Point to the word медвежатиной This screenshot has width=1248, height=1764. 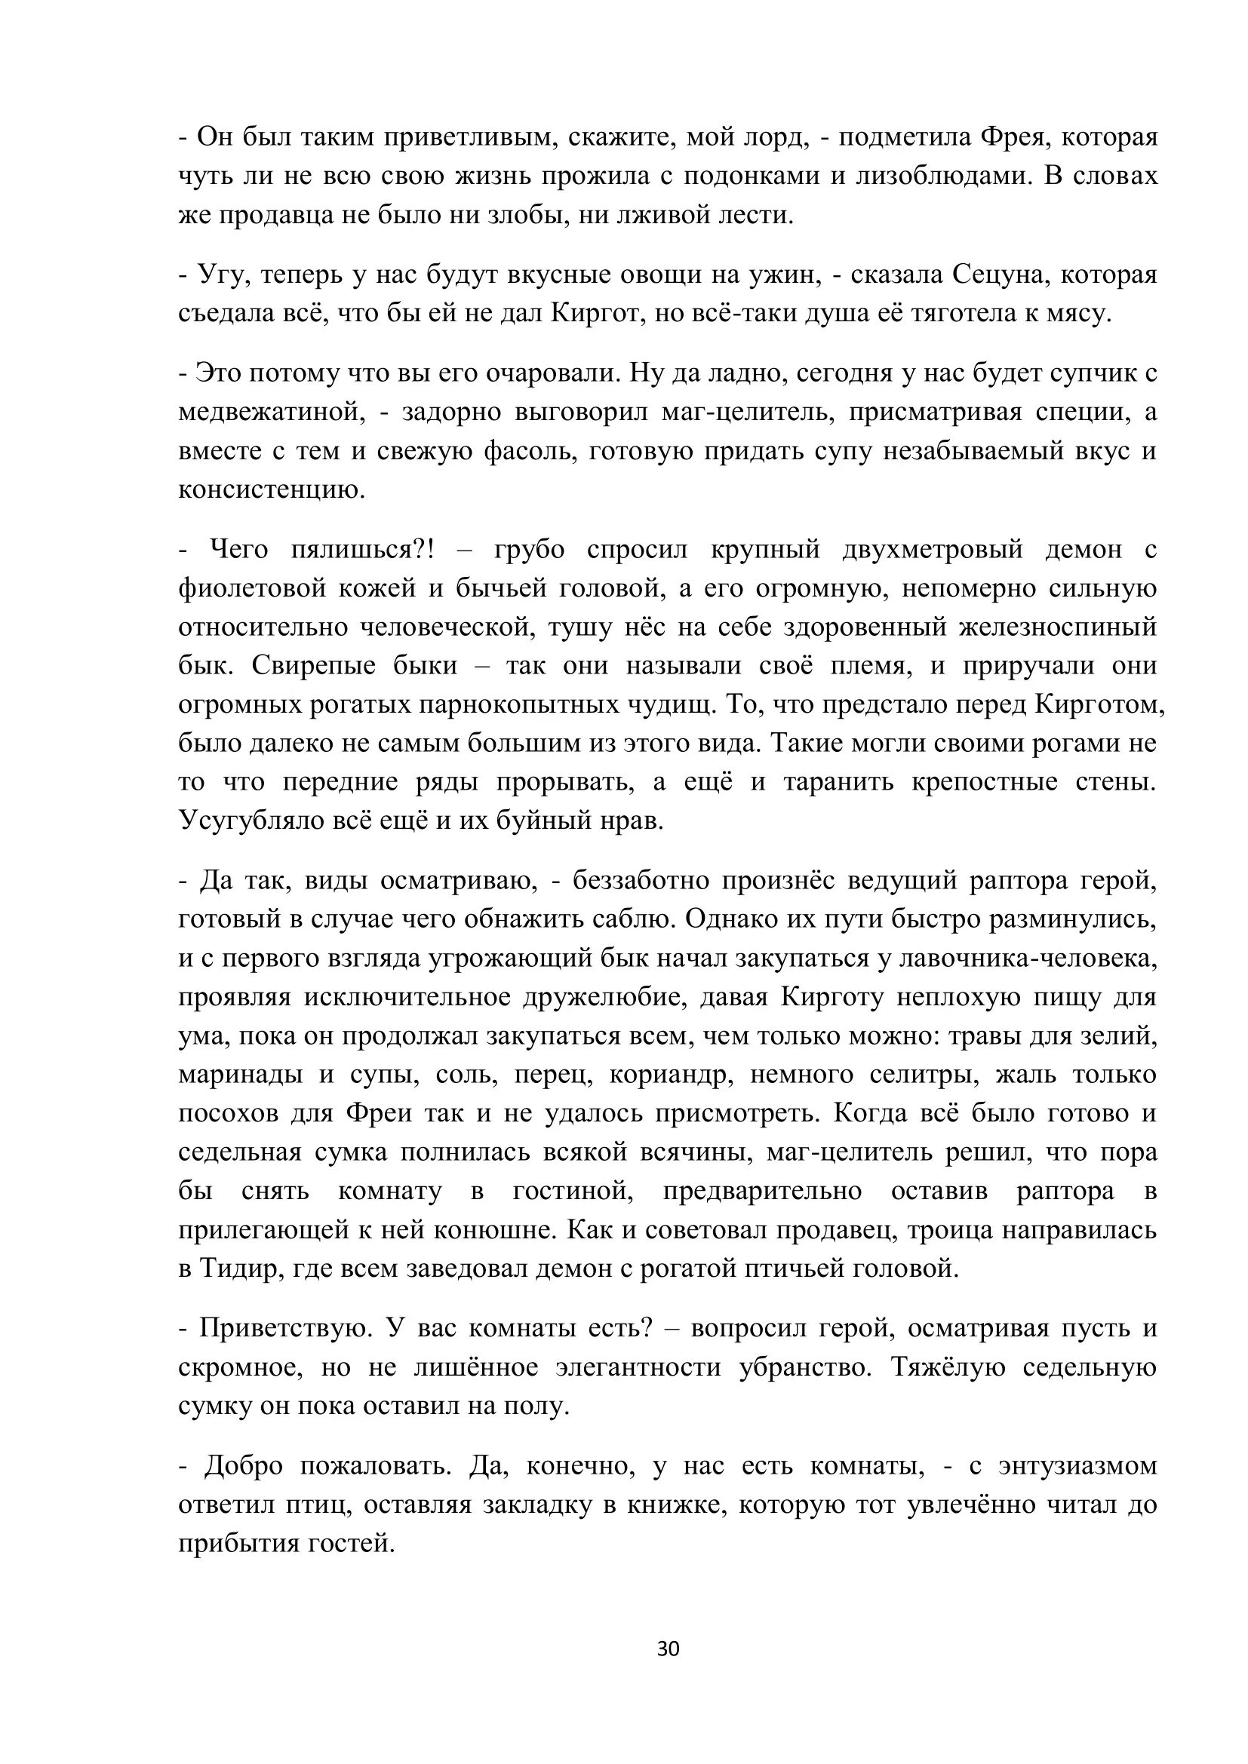(272, 413)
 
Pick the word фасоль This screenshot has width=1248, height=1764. (528, 451)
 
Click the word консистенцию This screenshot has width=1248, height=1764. (272, 489)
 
